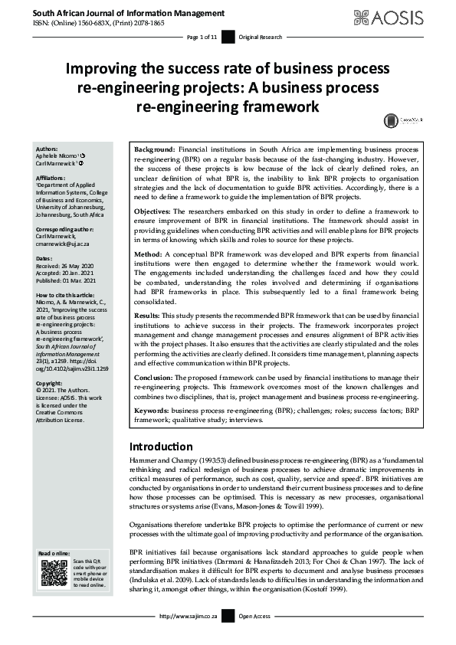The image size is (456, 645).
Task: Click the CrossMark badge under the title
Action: [x=399, y=120]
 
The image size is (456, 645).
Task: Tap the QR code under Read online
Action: [x=54, y=572]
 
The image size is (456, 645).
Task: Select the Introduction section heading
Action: [x=161, y=447]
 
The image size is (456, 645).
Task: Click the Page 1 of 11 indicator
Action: [x=202, y=37]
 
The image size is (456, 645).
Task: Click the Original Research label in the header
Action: [x=261, y=37]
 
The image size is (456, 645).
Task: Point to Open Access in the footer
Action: [x=255, y=637]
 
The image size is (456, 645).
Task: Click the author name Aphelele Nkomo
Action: [x=59, y=156]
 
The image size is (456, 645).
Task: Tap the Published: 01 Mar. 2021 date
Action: [x=68, y=281]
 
